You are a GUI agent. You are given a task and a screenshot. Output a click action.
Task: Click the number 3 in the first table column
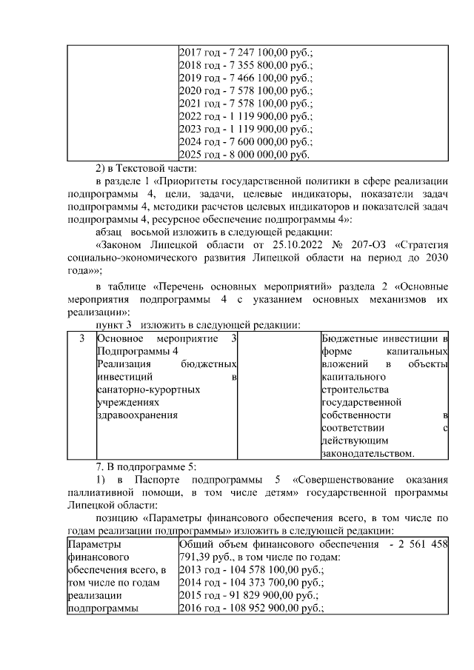(x=81, y=338)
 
